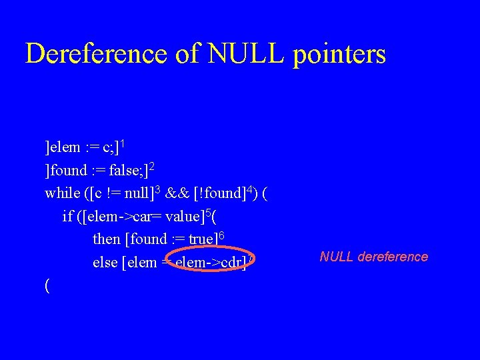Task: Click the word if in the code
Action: point(67,216)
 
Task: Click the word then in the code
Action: point(107,239)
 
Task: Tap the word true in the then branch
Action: point(203,239)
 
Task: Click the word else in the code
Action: point(105,262)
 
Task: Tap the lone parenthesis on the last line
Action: point(47,285)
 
